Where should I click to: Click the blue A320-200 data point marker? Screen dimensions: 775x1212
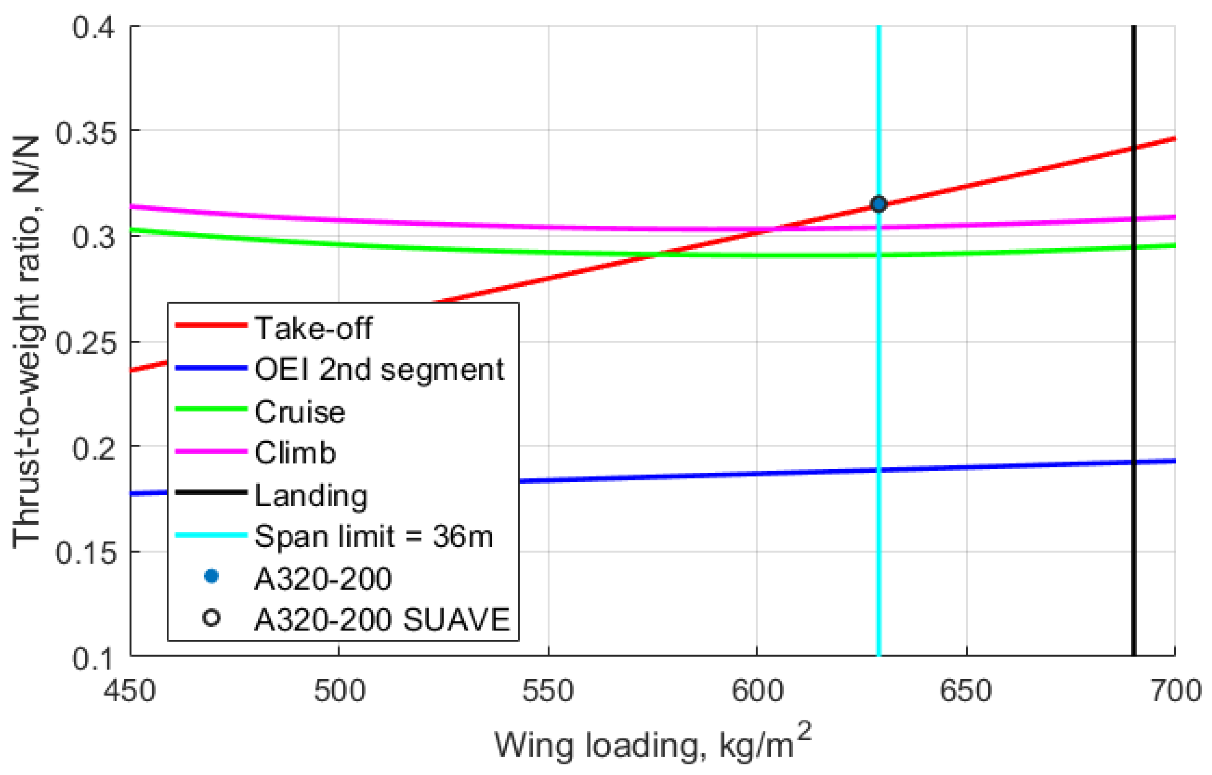[879, 204]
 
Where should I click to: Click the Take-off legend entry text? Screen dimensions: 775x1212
[313, 328]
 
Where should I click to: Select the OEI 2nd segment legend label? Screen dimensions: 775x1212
[379, 370]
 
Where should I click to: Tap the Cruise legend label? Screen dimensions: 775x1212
[300, 412]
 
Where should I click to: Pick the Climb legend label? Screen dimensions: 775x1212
[295, 453]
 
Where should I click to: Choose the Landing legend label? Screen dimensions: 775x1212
[311, 496]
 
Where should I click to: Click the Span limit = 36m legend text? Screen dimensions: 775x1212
[373, 537]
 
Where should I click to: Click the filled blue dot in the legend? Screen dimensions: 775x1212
[211, 577]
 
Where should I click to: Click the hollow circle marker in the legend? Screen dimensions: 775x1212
[211, 618]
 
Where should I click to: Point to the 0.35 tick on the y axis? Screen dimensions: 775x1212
[86, 133]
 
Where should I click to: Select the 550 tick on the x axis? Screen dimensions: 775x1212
[548, 691]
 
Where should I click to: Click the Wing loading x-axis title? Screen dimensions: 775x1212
[653, 745]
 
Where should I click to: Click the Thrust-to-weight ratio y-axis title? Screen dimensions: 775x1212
[26, 342]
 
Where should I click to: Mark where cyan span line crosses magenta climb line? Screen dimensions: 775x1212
[879, 227]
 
